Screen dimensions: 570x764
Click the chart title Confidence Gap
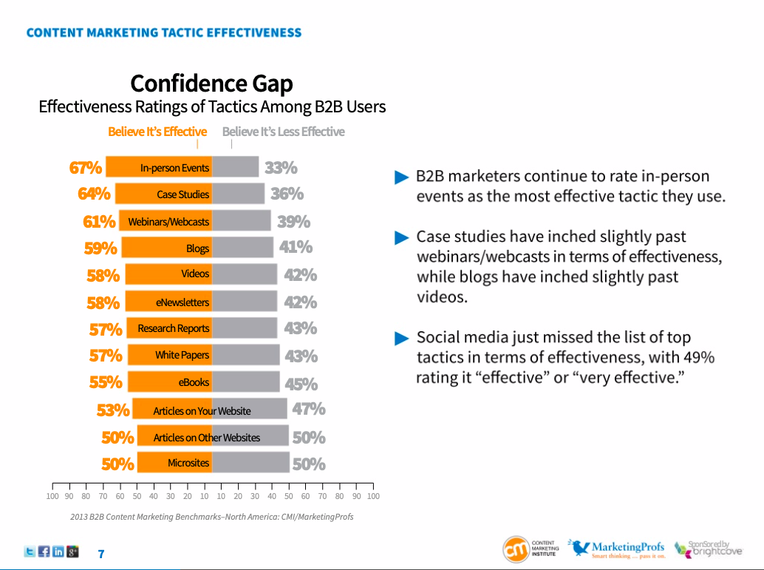coord(211,83)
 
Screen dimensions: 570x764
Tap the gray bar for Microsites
coord(250,463)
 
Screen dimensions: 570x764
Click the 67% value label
coord(85,168)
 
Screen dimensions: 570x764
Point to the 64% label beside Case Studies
coord(94,194)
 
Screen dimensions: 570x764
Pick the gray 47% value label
coord(308,410)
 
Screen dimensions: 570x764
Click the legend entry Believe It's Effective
coord(157,132)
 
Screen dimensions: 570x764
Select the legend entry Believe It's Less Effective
coord(283,132)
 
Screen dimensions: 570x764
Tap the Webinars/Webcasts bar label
coord(168,222)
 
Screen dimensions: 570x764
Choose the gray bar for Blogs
coord(242,248)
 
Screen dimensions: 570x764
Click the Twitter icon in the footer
coord(30,552)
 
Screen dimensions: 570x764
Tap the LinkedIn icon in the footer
coord(58,552)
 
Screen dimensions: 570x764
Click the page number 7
coord(101,554)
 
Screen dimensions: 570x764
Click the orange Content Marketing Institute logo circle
coord(516,549)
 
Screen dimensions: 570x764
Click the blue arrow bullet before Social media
coord(401,339)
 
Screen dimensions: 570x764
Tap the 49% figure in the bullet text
coord(698,358)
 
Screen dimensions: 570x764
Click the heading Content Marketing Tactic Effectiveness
coord(163,33)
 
